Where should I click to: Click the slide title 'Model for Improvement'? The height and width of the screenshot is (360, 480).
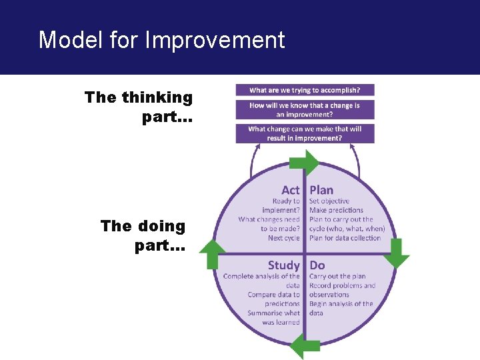pos(161,40)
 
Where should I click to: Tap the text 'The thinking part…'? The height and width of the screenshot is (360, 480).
pos(139,107)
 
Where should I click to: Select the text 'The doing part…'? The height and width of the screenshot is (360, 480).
pos(143,235)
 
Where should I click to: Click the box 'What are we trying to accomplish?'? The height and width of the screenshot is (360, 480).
pos(305,90)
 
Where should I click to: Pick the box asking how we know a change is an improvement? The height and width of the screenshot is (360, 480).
pos(305,109)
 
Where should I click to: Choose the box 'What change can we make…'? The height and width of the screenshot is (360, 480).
pos(305,133)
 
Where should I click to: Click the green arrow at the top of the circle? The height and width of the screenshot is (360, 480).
pos(305,163)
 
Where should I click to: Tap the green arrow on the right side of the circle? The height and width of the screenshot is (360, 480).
pos(397,252)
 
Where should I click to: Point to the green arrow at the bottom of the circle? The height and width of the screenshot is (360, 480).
pos(305,345)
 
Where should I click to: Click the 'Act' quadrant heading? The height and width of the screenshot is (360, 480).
pos(290,190)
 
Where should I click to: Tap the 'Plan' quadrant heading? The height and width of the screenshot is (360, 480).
pos(321,190)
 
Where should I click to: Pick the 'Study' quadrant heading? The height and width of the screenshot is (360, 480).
pos(283,265)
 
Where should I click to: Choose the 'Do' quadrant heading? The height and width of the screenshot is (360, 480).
pos(317,265)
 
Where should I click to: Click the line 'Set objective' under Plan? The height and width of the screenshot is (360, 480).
pos(329,201)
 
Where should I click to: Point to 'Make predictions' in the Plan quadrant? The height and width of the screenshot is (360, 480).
pos(336,211)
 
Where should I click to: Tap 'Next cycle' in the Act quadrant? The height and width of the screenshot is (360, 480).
pos(284,238)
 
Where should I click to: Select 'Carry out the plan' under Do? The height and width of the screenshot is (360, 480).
pos(337,276)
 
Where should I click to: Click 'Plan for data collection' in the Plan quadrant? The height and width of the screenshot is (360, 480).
pos(345,238)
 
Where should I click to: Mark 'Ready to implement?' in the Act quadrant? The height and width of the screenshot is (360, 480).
pos(286,205)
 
